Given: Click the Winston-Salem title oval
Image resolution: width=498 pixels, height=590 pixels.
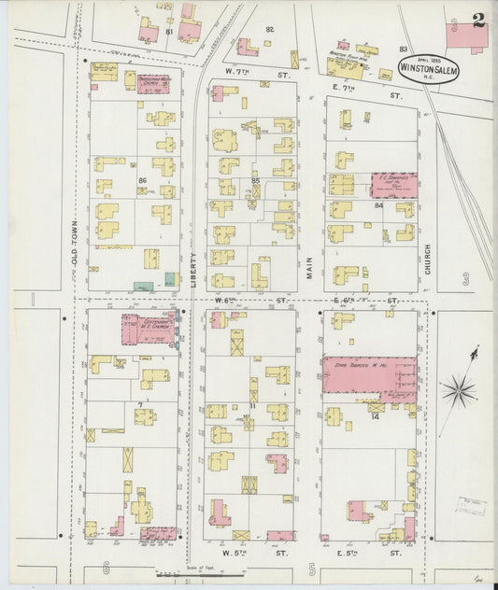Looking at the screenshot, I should (428, 66).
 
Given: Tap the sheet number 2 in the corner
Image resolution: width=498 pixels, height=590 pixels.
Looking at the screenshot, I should (478, 21).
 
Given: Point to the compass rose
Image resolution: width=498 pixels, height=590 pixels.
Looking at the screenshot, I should (460, 386).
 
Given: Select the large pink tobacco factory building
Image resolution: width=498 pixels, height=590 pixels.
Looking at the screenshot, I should (369, 377).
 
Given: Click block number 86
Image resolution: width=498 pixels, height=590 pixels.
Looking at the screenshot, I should (143, 180).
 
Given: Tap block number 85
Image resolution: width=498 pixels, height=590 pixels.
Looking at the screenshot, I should (255, 180).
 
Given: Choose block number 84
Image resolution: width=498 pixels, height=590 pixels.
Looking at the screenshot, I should (378, 204).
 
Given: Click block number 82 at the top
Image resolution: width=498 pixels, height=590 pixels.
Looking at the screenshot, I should (269, 29).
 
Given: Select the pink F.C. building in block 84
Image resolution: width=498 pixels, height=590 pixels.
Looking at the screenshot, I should (391, 185).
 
